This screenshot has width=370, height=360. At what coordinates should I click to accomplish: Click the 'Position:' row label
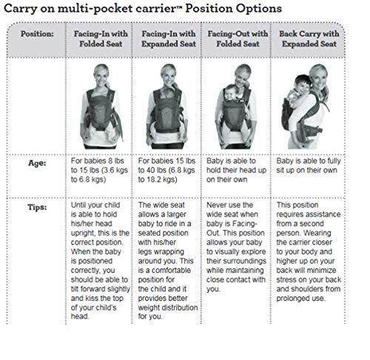37,34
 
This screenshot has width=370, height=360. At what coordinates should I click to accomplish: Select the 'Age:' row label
37,163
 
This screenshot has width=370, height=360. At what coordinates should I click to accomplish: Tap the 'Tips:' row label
37,207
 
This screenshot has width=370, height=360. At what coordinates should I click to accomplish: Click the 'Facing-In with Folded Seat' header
101,38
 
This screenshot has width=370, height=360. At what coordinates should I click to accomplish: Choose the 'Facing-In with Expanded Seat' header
169,38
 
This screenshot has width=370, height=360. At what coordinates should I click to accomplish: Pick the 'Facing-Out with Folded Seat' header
238,38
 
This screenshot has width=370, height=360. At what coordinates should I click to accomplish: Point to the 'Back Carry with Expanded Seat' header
309,38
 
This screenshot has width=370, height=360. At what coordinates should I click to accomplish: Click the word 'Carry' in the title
20,10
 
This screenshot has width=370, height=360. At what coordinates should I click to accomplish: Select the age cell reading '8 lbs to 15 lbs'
99,170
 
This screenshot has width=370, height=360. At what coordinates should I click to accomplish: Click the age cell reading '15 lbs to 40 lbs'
166,170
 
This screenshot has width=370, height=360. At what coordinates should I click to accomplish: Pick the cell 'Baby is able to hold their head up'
236,170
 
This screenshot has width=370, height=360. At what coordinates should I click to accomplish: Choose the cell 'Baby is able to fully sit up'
309,166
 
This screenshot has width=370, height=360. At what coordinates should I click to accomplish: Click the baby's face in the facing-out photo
231,93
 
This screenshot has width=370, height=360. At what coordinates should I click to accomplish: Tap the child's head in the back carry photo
303,84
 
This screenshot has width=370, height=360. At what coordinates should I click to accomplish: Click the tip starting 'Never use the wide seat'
236,247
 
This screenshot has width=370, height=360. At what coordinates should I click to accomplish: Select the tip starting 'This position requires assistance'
309,251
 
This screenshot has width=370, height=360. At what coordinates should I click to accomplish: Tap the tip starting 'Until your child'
100,260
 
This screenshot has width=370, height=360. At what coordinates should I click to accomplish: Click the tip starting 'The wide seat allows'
168,260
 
